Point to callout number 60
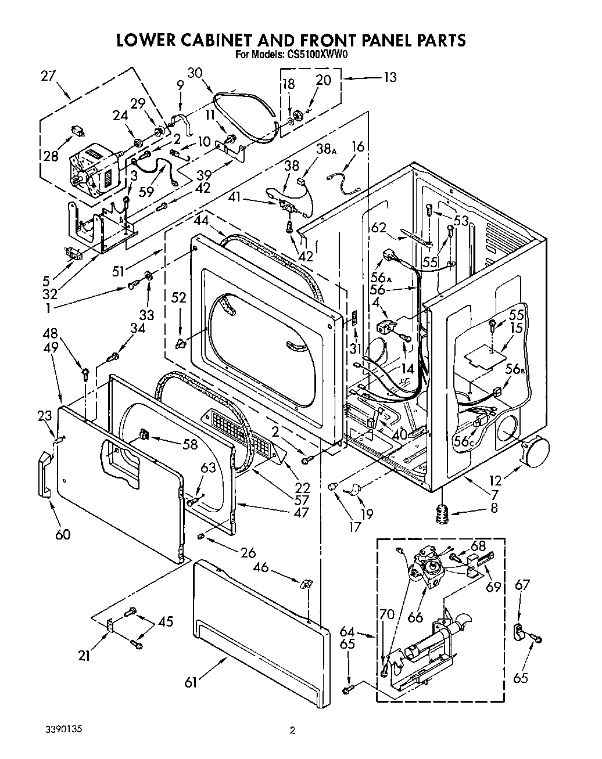[x=62, y=534]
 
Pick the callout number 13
[x=390, y=77]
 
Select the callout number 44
[x=202, y=221]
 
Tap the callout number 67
[x=522, y=584]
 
